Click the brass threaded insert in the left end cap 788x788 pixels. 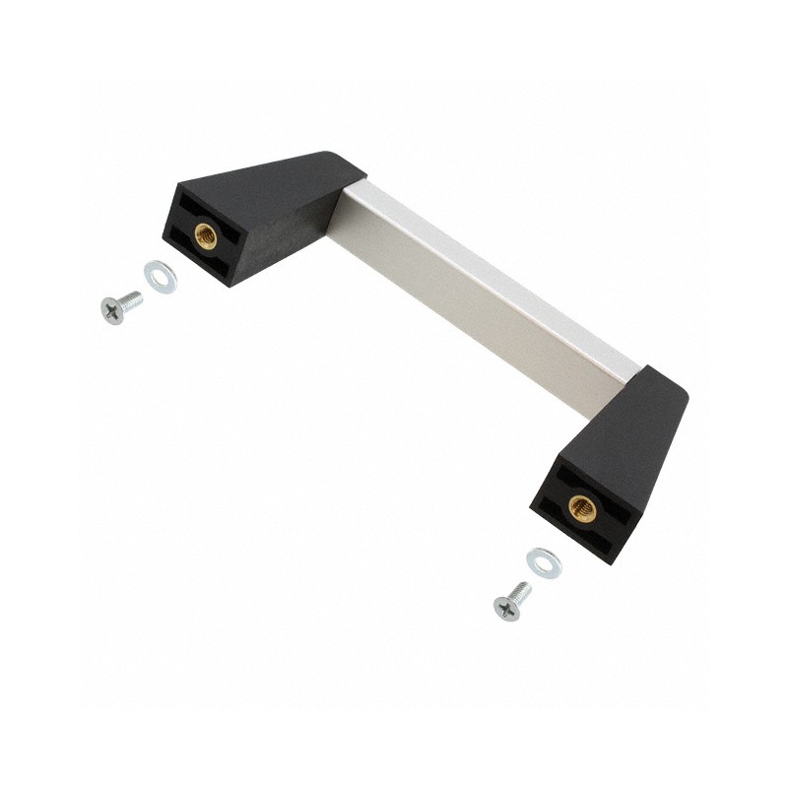click(206, 233)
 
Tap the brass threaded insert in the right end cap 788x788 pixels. click(581, 508)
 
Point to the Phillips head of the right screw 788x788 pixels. click(504, 609)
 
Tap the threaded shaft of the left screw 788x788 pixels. click(129, 299)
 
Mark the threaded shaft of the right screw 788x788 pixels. click(519, 592)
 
